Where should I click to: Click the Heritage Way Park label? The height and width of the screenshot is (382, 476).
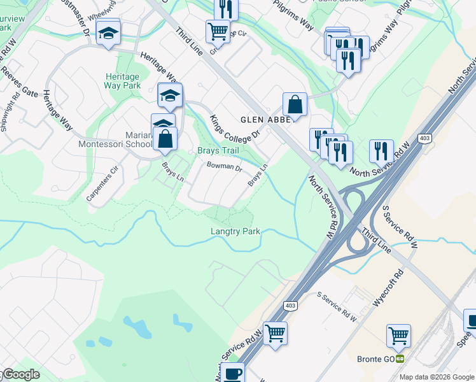[123, 80]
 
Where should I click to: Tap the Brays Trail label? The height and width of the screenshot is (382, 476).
[217, 150]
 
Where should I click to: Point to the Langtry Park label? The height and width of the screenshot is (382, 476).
[235, 232]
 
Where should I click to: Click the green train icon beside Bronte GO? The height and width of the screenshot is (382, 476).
[400, 359]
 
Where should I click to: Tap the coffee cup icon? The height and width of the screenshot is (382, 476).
[233, 374]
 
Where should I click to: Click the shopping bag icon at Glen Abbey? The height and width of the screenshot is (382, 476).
[295, 104]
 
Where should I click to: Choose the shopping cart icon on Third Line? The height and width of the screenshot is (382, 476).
[218, 30]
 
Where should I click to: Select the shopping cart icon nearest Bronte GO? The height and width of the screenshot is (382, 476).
[398, 334]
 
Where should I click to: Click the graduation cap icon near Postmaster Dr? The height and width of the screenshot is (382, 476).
[108, 32]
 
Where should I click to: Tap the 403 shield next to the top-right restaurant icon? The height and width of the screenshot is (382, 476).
[424, 138]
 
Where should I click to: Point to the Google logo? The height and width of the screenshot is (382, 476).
[20, 375]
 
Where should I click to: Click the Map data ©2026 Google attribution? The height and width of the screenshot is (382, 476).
[437, 377]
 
